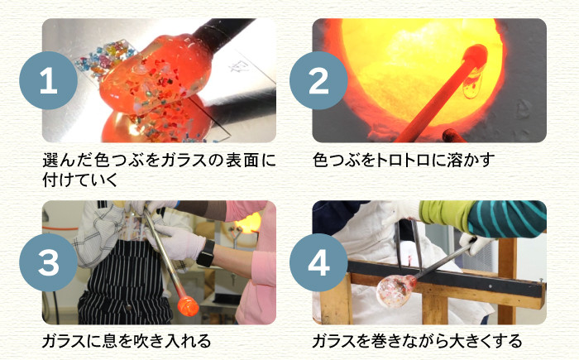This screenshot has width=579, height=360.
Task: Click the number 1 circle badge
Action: tap(48, 80)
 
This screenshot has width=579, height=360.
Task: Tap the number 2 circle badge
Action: tap(318, 80)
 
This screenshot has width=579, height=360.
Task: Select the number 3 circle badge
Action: tap(48, 262)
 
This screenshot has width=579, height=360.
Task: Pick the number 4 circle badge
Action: tap(318, 262)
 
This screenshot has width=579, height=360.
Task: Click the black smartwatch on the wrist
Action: tap(206, 253)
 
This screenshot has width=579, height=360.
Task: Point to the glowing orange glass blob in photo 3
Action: tap(188, 306)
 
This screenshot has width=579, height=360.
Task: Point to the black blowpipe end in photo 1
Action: tap(223, 31)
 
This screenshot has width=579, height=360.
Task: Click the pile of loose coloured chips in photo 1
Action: tap(104, 59)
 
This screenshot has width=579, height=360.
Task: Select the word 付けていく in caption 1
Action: tap(80, 180)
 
